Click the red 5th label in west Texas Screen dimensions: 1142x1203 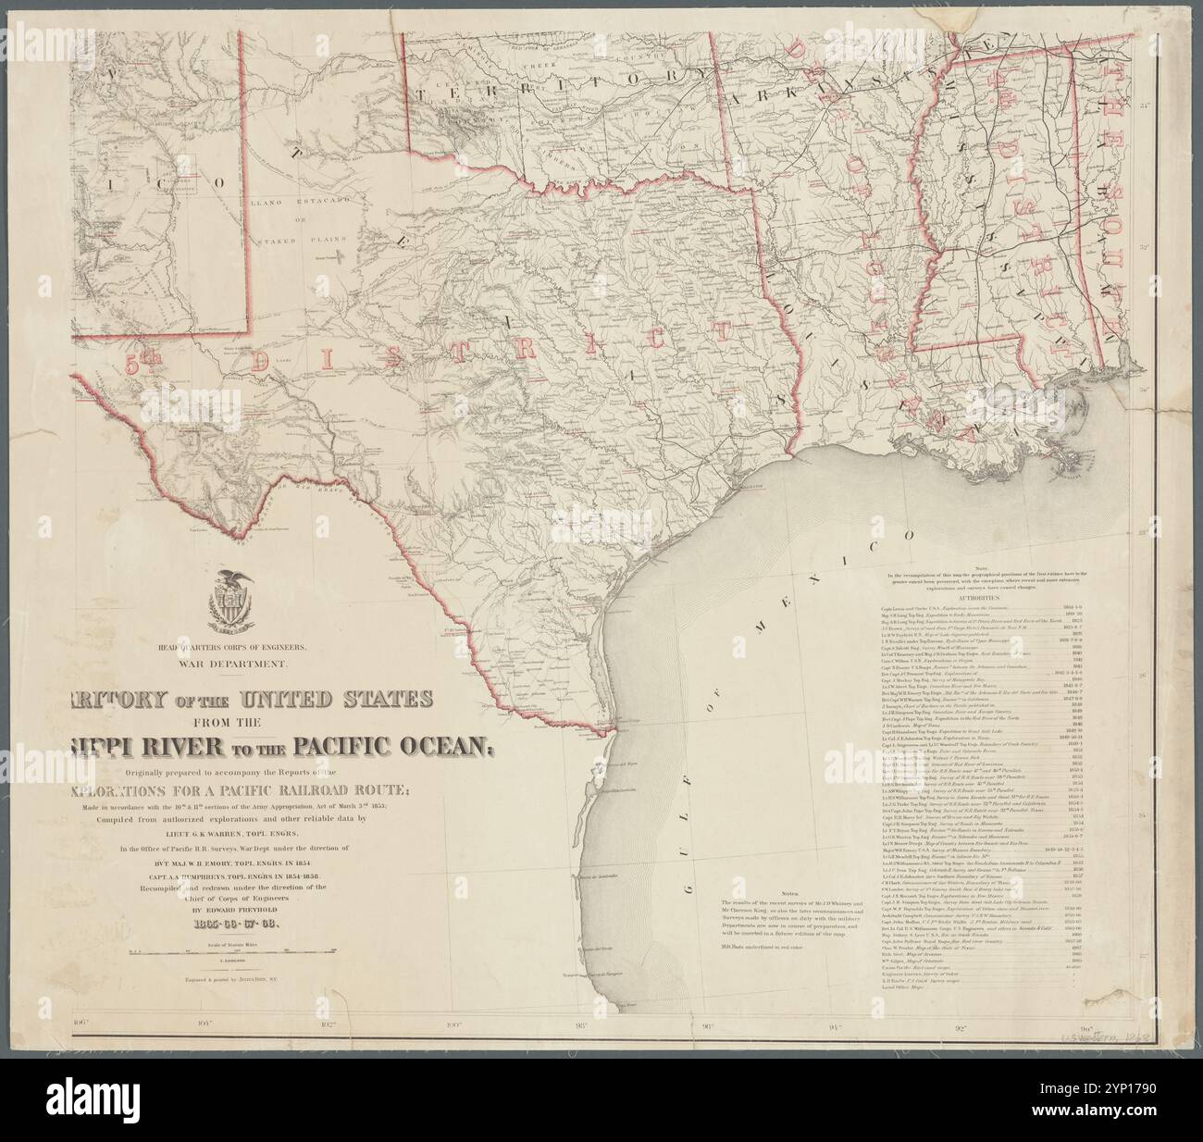pyautogui.click(x=139, y=366)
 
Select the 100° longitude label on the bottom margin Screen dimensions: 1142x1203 pyautogui.click(x=453, y=1024)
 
